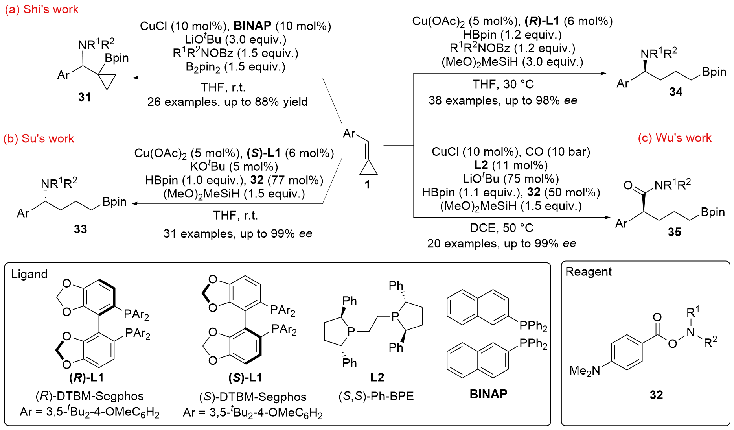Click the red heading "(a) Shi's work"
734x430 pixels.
[x=42, y=9]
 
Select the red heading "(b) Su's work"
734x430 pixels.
[x=39, y=138]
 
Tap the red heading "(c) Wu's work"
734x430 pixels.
[x=674, y=138]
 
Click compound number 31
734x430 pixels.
[x=85, y=97]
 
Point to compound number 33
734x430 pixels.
[x=80, y=229]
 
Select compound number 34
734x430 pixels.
[x=676, y=92]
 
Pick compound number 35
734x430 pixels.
[x=674, y=232]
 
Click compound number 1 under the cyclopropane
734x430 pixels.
[x=367, y=184]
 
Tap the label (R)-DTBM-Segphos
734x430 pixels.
[x=90, y=396]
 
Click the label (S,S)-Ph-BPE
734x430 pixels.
[x=376, y=396]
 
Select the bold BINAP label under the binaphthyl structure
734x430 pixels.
[x=488, y=393]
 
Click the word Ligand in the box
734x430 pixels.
[x=29, y=274]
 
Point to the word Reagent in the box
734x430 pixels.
[x=588, y=271]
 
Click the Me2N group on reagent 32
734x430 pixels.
[x=585, y=371]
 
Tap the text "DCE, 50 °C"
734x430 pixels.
[x=501, y=228]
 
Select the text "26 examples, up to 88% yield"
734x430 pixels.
[x=227, y=102]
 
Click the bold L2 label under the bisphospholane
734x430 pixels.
[x=377, y=377]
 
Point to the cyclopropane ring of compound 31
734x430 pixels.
[x=106, y=81]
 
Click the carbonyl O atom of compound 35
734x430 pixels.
[x=628, y=185]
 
